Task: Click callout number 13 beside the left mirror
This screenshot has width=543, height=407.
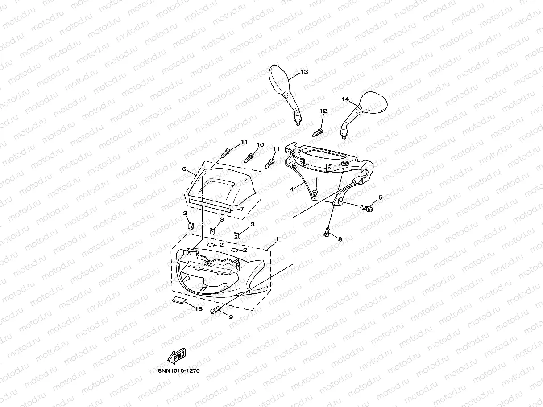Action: tap(304, 72)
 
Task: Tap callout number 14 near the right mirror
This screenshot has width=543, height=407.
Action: tap(345, 99)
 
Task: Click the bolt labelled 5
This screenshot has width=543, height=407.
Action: tap(368, 207)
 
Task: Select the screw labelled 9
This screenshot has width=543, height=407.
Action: tap(216, 310)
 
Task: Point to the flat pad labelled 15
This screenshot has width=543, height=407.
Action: tap(179, 300)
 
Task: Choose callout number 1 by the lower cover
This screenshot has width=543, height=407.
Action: tap(277, 239)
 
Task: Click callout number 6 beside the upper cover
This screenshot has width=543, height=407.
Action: tap(184, 169)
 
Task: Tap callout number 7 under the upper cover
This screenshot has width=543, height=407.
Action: tap(242, 209)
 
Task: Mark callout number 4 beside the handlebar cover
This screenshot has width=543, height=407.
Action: tap(291, 189)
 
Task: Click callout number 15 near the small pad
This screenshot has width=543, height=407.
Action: tap(199, 309)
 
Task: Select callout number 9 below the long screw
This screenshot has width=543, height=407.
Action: tap(231, 317)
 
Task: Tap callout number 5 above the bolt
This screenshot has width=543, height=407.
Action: tap(381, 197)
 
